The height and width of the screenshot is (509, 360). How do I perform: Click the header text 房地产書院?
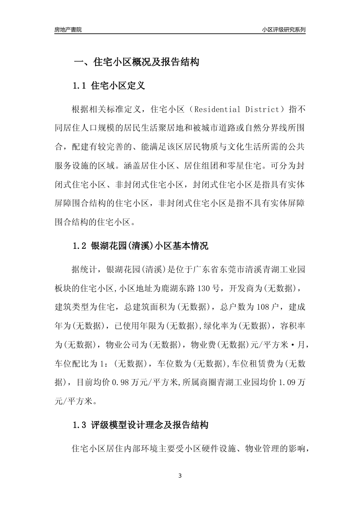(68, 30)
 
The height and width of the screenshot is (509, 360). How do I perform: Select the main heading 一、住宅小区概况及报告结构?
(136, 62)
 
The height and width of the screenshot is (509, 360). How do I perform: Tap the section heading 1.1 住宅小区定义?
(109, 86)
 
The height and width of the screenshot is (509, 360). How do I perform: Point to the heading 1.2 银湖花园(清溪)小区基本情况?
(140, 246)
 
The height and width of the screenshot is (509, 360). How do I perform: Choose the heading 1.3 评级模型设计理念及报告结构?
(140, 425)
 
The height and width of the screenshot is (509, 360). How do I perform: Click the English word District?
(262, 109)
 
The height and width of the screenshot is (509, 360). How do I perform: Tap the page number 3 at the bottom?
(180, 476)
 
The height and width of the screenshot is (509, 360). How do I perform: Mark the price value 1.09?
(287, 383)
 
